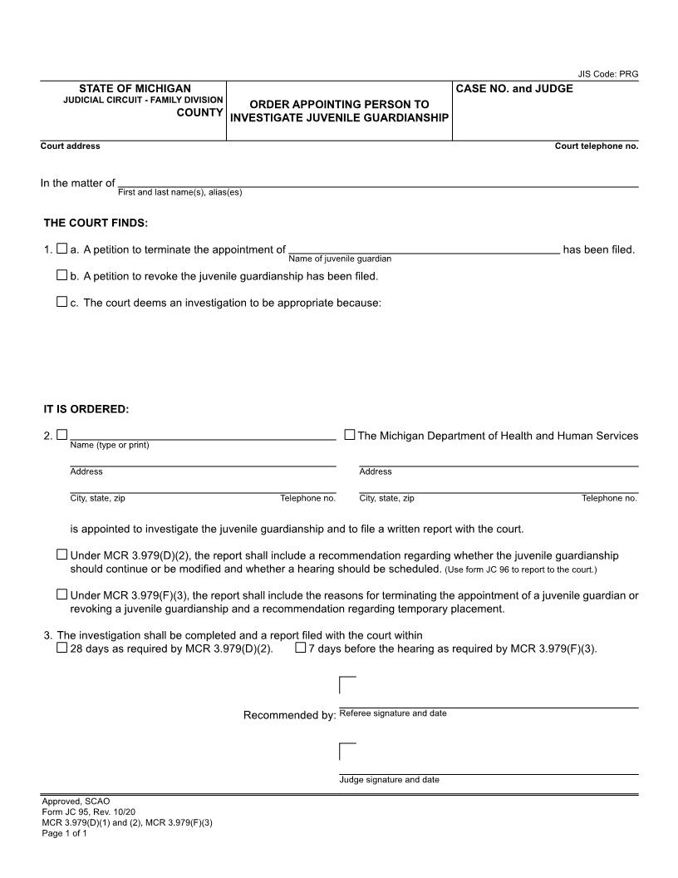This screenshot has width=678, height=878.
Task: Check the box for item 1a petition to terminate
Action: (61, 249)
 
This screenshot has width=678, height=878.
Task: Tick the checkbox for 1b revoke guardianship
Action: (61, 275)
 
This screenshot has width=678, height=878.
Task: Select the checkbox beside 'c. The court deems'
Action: (61, 302)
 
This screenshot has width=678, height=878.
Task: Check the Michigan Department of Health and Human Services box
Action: (350, 435)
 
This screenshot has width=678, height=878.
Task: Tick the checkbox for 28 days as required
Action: (61, 648)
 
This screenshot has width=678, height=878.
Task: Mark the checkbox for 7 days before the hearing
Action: (300, 648)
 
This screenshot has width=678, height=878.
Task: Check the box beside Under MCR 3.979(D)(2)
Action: (61, 555)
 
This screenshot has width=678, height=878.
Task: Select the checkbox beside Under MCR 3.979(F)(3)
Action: (61, 594)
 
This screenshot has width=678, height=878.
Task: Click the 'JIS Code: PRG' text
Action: (607, 74)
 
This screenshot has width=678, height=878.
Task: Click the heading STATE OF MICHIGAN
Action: (135, 88)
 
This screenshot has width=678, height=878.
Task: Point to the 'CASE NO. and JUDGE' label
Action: (514, 88)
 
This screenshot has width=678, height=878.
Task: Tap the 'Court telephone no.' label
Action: (596, 146)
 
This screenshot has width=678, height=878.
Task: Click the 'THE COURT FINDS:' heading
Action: (96, 223)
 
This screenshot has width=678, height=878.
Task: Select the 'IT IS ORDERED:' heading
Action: (86, 409)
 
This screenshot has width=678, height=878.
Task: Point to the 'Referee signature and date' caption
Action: (393, 713)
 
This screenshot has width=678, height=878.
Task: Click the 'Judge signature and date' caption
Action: (389, 780)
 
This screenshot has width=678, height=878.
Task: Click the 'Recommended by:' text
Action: (289, 715)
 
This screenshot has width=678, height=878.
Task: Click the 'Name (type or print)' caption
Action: (110, 445)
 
